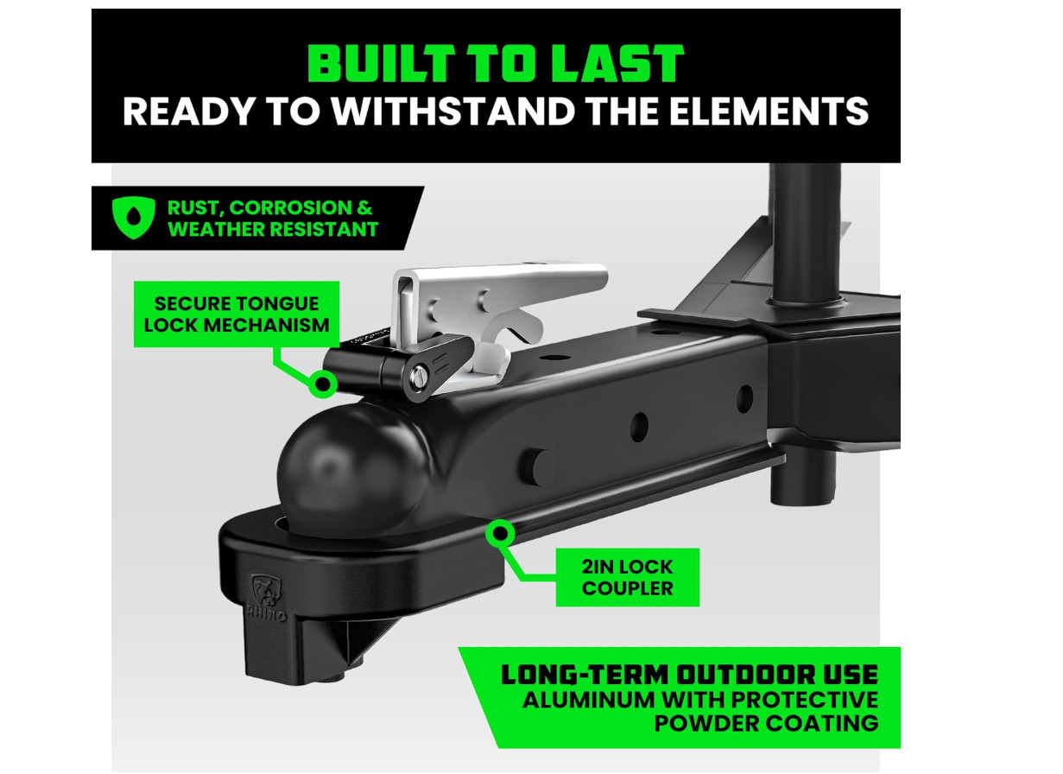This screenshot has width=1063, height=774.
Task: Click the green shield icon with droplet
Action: coord(133,218)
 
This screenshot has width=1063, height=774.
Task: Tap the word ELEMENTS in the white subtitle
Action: coord(769,111)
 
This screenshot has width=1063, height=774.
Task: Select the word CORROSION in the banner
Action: coord(290,208)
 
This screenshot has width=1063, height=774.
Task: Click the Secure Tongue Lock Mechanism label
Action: coord(237,314)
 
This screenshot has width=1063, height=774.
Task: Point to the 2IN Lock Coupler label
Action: coord(628,577)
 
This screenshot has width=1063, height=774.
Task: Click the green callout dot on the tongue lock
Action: coord(323,384)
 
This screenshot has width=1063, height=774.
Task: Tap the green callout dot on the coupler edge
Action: coord(500,533)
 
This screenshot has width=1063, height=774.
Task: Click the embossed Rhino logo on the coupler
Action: coord(266,597)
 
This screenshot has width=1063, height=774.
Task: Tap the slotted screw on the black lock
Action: coord(419,377)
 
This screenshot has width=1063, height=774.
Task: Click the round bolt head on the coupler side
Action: coord(538,467)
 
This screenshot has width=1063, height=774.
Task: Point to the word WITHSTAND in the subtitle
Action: coord(453,111)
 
